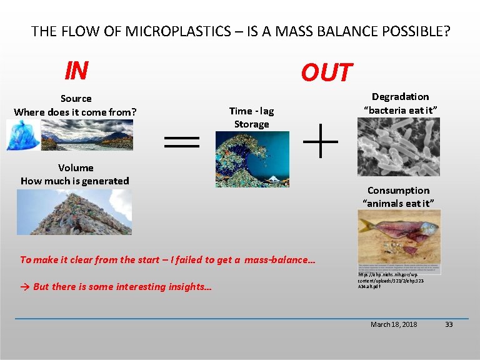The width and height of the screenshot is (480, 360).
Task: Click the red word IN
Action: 76,71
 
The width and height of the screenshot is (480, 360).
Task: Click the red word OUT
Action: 326,73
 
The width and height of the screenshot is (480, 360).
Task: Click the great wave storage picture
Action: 252,159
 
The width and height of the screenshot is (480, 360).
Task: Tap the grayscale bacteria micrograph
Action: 398,147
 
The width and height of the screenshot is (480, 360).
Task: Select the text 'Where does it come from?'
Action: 76,112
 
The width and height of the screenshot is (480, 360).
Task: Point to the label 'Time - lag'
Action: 251,111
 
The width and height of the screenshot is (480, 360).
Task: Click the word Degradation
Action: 400,96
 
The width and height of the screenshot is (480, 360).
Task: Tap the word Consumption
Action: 398,190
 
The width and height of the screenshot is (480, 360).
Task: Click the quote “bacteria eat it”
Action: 400,110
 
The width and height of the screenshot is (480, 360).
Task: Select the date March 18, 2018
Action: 394,324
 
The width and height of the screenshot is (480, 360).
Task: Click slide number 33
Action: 448,324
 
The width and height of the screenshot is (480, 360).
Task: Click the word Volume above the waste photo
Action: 76,167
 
